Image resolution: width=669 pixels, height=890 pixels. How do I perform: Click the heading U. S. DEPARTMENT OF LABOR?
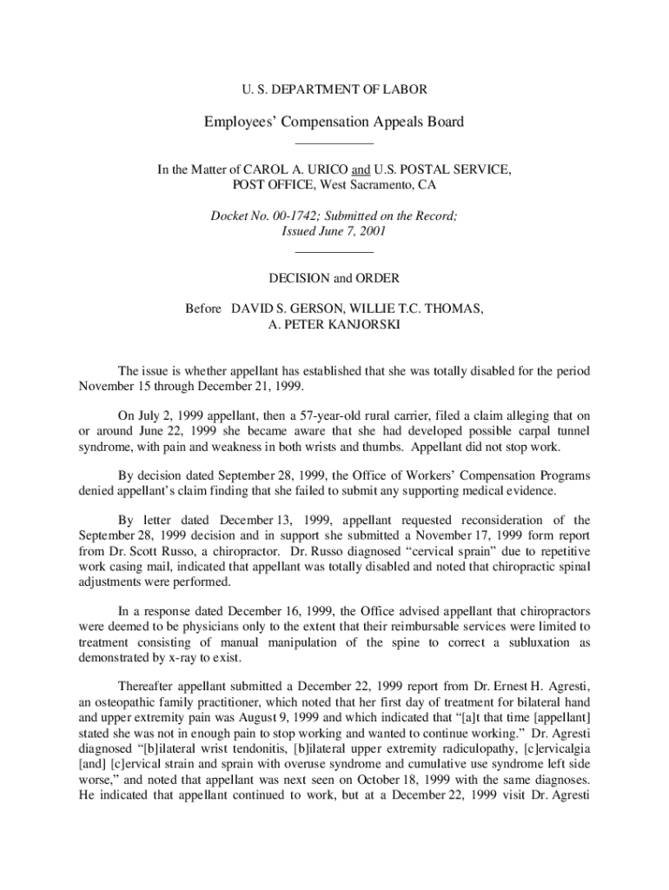[334, 89]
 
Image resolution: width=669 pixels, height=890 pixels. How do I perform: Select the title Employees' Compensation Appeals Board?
[334, 122]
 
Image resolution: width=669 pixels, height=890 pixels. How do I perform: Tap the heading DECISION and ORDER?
[334, 279]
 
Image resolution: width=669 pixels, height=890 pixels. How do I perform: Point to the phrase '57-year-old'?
[344, 414]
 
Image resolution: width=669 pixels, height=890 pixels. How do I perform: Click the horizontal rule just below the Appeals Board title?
[334, 143]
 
